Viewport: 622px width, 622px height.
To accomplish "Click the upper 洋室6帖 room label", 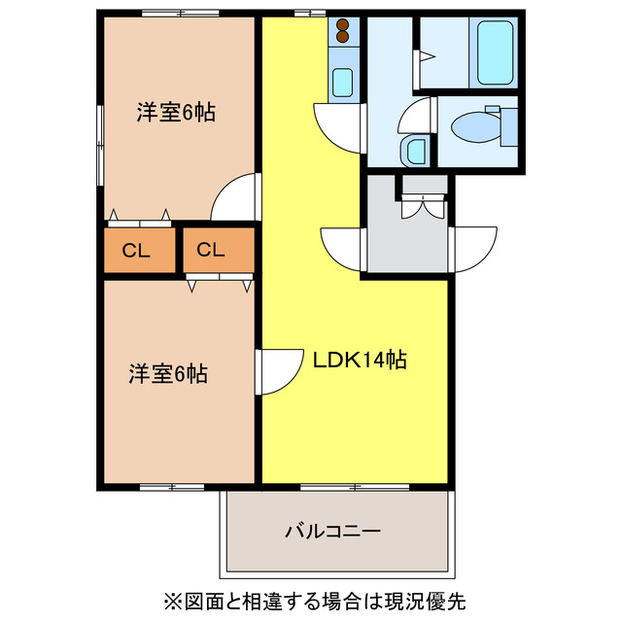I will pyautogui.click(x=175, y=113).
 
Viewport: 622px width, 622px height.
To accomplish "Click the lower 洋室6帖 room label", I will pyautogui.click(x=167, y=373).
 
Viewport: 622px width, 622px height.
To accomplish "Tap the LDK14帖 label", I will pyautogui.click(x=359, y=360).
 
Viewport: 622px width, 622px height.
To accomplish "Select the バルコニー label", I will pyautogui.click(x=332, y=532).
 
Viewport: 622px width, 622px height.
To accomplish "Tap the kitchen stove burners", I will pyautogui.click(x=341, y=35).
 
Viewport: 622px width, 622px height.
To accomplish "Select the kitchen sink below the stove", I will pyautogui.click(x=341, y=82).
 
